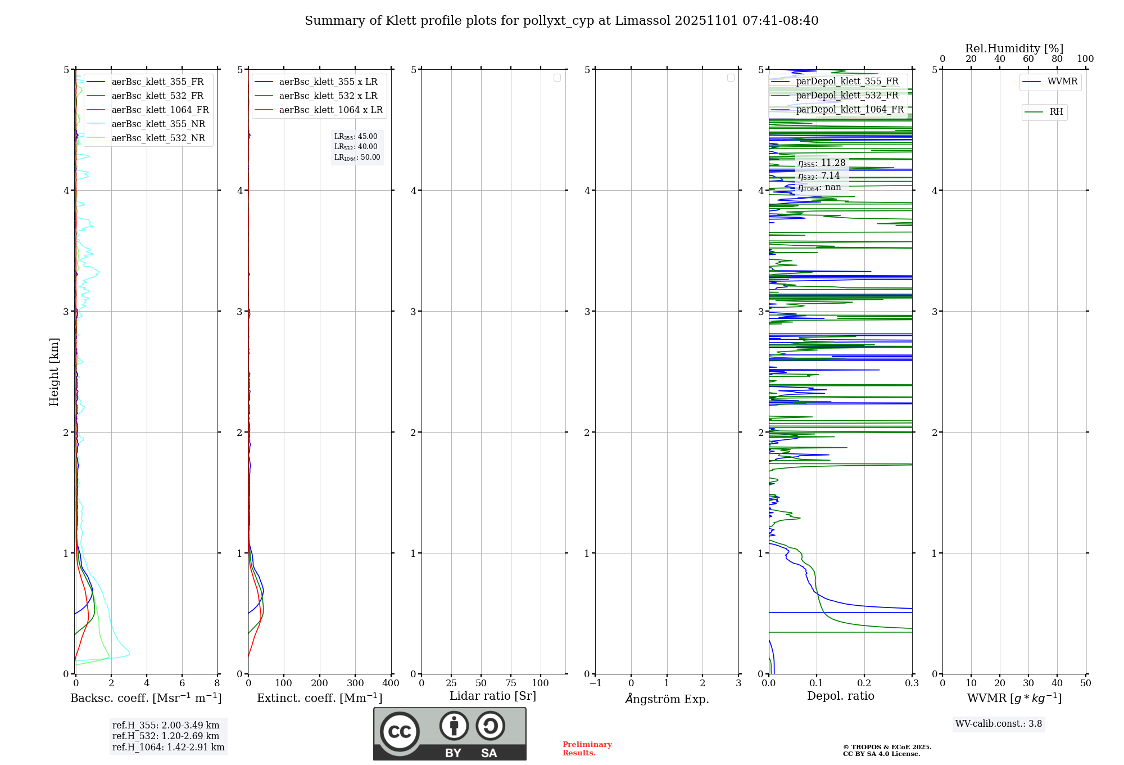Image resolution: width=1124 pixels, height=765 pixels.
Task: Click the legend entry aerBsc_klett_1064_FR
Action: (x=160, y=110)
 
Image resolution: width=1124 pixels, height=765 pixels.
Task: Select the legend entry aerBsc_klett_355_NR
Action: (x=158, y=124)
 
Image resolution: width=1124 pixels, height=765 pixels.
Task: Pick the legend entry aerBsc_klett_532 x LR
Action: (x=328, y=96)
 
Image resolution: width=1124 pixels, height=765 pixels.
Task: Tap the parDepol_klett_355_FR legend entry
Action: (x=847, y=82)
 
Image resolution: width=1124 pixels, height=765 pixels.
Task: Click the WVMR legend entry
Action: (x=1062, y=82)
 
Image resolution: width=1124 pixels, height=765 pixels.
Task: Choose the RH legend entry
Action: (x=1056, y=112)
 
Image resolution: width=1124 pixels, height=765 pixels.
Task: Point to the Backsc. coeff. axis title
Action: (x=146, y=698)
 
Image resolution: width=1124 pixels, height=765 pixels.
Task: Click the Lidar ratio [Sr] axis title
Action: (x=493, y=696)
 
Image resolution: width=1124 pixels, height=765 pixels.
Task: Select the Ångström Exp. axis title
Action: (x=667, y=699)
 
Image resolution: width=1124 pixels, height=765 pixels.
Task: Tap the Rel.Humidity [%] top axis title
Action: (x=1014, y=48)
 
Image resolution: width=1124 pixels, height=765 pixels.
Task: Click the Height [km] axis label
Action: (x=54, y=372)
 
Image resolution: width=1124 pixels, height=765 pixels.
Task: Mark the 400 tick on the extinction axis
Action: (x=391, y=683)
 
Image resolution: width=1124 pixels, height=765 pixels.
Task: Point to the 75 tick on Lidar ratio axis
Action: (x=510, y=683)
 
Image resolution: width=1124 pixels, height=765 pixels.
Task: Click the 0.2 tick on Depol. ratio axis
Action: (x=864, y=683)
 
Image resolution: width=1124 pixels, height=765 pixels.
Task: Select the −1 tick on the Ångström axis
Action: (x=596, y=683)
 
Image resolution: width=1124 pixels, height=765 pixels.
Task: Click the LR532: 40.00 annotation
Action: (x=356, y=147)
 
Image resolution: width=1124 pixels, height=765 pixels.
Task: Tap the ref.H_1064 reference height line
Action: (x=168, y=748)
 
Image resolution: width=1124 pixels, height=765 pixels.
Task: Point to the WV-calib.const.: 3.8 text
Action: (x=999, y=724)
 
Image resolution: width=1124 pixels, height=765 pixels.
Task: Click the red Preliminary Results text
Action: (x=587, y=749)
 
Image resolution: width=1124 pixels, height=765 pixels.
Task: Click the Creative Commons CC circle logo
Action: (x=400, y=732)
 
